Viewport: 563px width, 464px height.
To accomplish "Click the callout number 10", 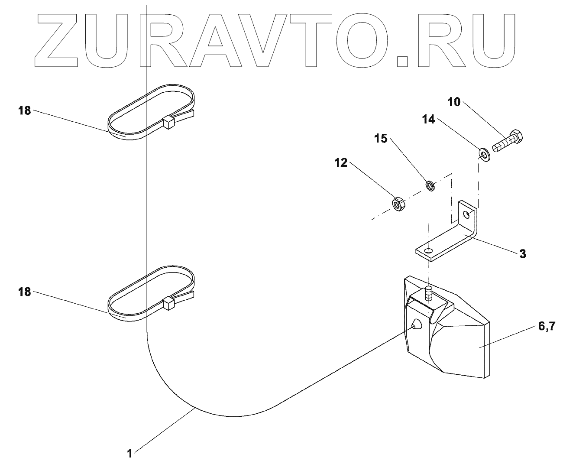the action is point(454,102).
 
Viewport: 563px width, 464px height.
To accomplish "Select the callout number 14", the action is point(429,119).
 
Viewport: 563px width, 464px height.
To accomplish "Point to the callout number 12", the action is point(341,162).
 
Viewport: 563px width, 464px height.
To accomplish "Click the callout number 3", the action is point(523,254).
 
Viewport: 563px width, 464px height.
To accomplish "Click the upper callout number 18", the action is point(25,110).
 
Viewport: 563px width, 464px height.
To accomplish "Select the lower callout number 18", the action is point(25,292).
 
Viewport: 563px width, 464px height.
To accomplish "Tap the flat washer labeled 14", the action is point(485,155).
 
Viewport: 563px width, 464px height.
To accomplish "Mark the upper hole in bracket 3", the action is point(466,215).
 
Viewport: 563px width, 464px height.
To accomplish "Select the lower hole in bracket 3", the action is point(428,251).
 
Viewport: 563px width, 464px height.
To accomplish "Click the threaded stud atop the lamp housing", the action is point(428,294).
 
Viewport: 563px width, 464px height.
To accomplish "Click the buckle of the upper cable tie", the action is point(168,122).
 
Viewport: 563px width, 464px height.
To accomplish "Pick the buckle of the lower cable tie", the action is point(168,303).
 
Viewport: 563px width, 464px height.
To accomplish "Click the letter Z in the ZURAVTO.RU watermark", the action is point(56,40).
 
